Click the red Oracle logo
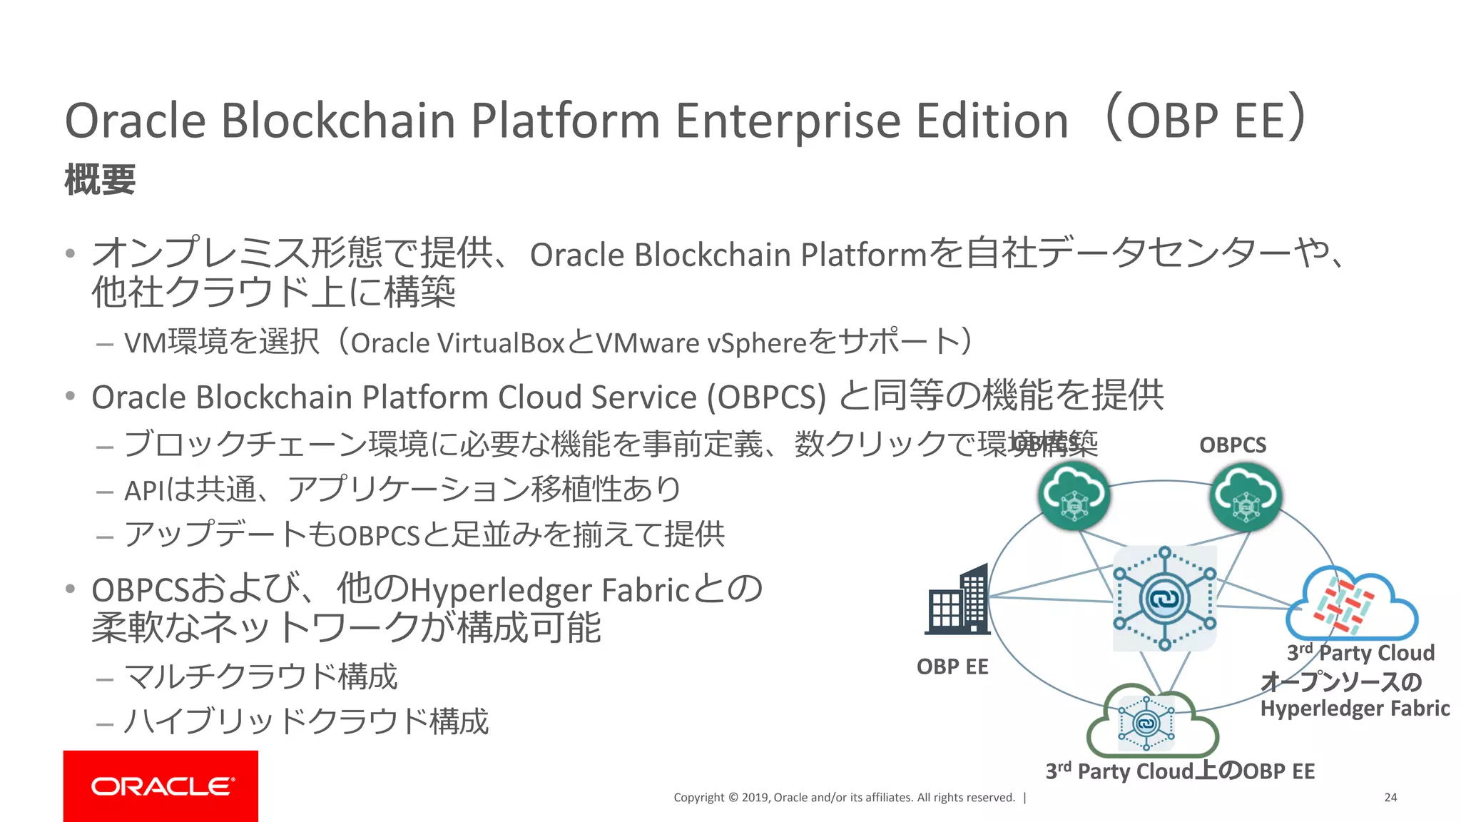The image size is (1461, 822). click(x=161, y=786)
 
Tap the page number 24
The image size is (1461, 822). click(x=1390, y=797)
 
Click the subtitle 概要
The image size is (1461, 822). click(x=100, y=179)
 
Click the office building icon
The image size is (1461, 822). click(x=958, y=600)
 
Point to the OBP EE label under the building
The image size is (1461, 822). click(x=952, y=666)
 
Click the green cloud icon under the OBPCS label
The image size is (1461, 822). click(x=1246, y=496)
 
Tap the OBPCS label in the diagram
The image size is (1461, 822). click(x=1233, y=445)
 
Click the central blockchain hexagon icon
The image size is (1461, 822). click(x=1164, y=598)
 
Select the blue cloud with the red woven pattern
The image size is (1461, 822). click(x=1350, y=604)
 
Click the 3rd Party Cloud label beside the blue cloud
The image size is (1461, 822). click(x=1360, y=652)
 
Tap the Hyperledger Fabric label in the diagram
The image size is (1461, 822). click(x=1355, y=708)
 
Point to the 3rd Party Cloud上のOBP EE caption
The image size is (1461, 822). click(x=1180, y=771)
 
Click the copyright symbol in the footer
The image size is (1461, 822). click(x=732, y=798)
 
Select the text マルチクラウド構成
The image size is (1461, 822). click(x=260, y=676)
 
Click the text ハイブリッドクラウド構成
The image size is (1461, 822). click(x=306, y=721)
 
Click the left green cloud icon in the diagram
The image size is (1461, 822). click(x=1073, y=496)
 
